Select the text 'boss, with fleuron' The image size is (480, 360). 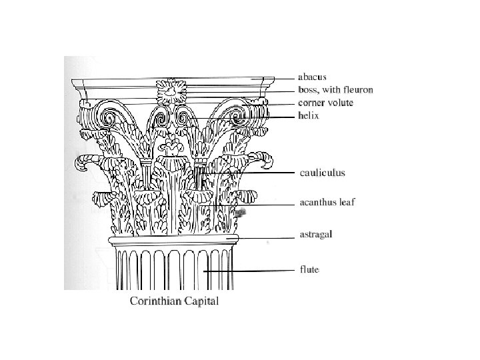334,89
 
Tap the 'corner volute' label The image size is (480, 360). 325,103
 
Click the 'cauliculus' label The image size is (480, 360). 321,173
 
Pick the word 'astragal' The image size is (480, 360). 315,235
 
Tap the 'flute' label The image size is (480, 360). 307,270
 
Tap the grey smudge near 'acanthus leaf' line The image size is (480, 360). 241,212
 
